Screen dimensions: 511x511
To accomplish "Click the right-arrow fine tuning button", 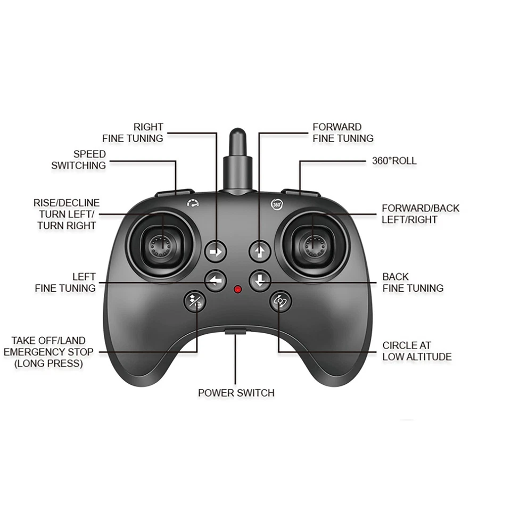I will pyautogui.click(x=216, y=251).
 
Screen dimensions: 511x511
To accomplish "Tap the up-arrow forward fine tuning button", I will pyautogui.click(x=260, y=251).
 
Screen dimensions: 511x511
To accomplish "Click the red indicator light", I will pyautogui.click(x=237, y=290).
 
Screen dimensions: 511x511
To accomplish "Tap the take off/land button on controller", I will pyautogui.click(x=194, y=301).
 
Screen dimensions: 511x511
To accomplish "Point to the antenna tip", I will pyautogui.click(x=237, y=136).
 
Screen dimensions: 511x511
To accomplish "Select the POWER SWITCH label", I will pyautogui.click(x=236, y=393).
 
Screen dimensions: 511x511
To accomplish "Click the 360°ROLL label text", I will pyautogui.click(x=394, y=161).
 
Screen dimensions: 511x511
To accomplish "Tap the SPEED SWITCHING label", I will pyautogui.click(x=79, y=160).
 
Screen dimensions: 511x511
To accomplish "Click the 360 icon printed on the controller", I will pyautogui.click(x=276, y=203).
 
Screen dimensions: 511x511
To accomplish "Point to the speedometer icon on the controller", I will pyautogui.click(x=192, y=203).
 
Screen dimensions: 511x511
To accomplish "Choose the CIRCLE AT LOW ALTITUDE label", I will pyautogui.click(x=417, y=351).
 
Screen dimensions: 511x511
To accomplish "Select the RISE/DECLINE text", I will pyautogui.click(x=66, y=203).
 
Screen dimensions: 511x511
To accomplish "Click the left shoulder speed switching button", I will pyautogui.click(x=175, y=192).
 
